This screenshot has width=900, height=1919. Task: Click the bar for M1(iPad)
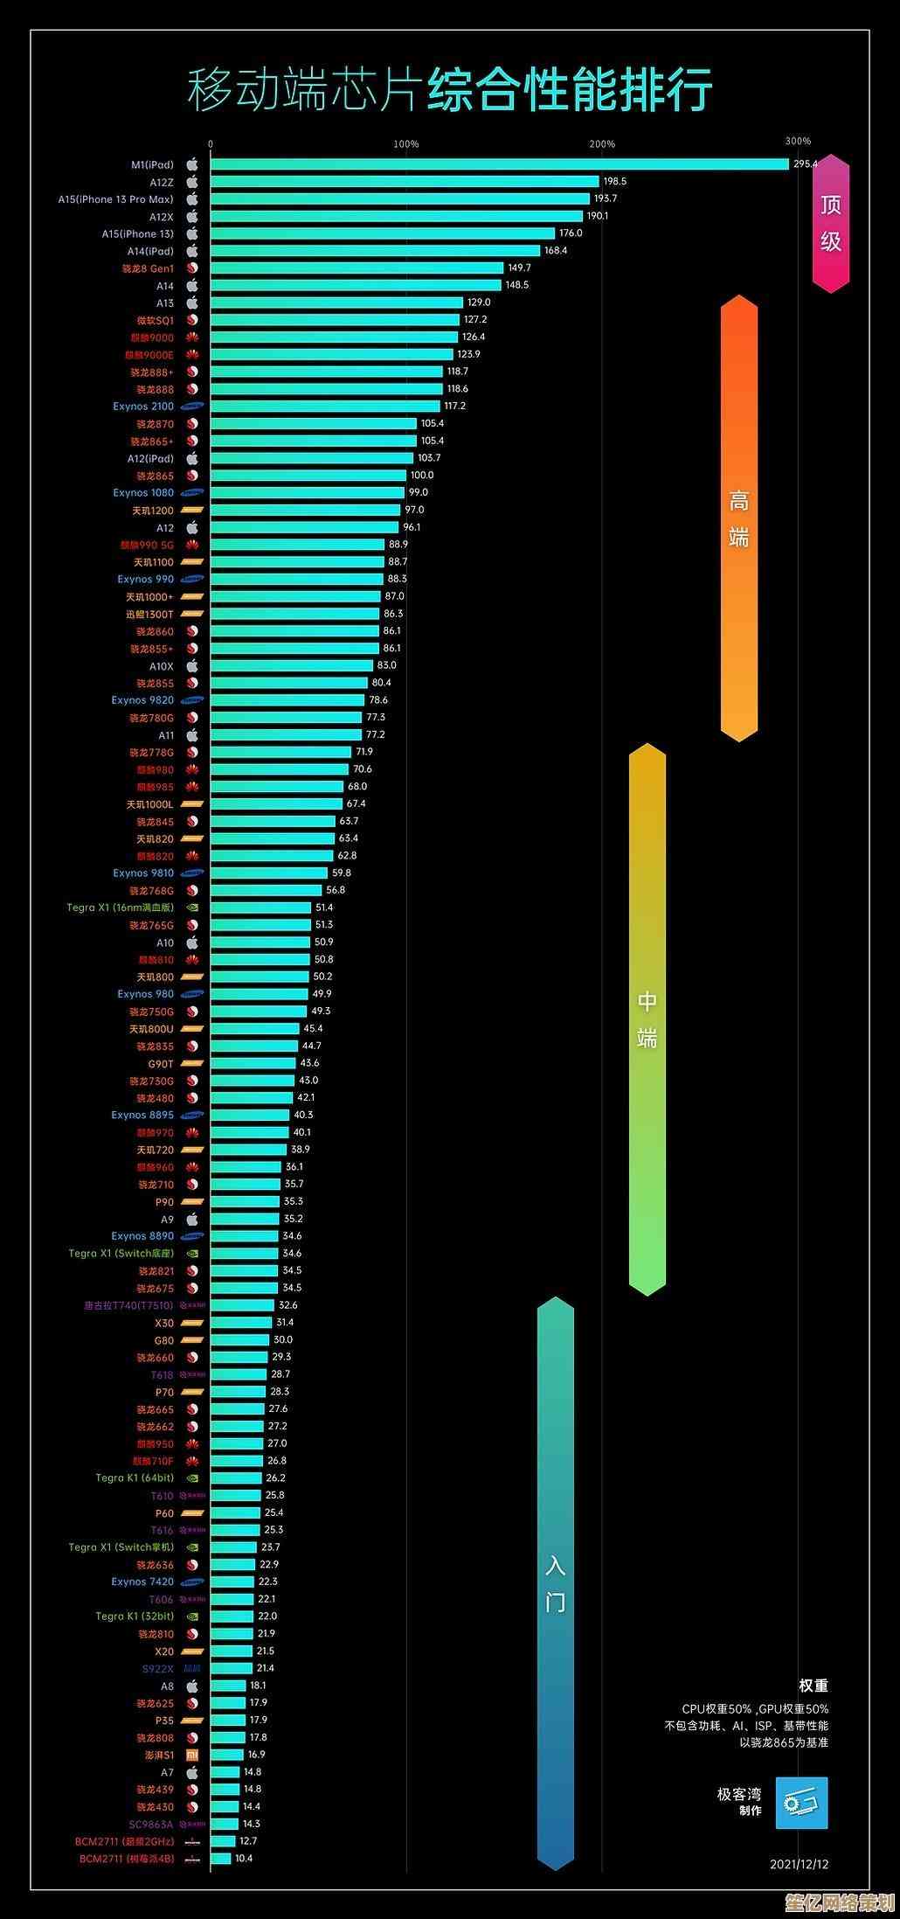click(x=498, y=164)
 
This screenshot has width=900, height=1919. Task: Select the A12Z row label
click(x=162, y=182)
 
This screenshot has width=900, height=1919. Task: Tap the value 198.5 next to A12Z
click(x=614, y=182)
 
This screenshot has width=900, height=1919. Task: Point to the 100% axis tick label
click(x=406, y=144)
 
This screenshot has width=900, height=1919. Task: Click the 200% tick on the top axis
click(x=602, y=144)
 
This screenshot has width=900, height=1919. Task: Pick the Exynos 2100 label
click(x=143, y=407)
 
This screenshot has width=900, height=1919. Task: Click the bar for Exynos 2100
click(x=325, y=407)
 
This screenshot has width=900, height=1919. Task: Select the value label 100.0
click(x=422, y=476)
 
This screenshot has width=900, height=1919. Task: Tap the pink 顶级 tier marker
click(x=830, y=223)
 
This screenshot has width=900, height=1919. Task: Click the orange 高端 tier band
click(x=739, y=518)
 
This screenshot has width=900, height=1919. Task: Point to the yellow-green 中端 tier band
click(x=647, y=1019)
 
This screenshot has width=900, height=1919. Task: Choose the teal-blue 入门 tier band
click(x=556, y=1582)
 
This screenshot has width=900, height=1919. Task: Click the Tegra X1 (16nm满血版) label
click(x=121, y=907)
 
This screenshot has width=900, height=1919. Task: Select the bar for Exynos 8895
click(x=250, y=1115)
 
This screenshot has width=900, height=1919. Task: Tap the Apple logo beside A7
click(x=192, y=1772)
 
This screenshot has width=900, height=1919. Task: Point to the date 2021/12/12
click(x=799, y=1864)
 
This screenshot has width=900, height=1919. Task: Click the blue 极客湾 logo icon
click(x=802, y=1803)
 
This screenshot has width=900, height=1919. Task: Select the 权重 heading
click(x=813, y=1686)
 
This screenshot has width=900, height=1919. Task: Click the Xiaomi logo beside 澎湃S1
click(x=192, y=1755)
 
